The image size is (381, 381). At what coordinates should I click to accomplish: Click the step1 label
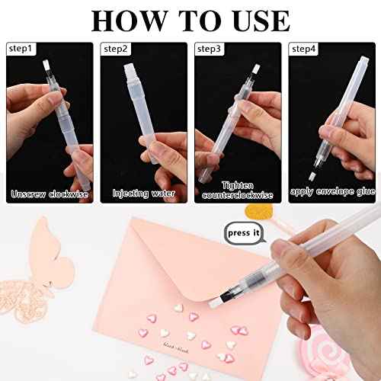[x=21, y=48]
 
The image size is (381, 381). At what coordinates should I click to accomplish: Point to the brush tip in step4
[x=313, y=174]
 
